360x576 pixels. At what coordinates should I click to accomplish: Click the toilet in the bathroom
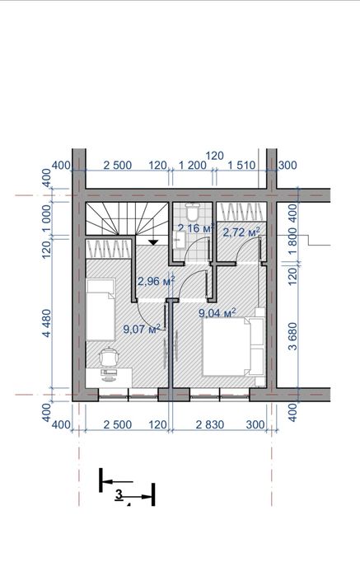click(x=192, y=211)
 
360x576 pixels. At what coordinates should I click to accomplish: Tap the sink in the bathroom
click(x=179, y=240)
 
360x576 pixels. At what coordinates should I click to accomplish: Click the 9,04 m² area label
click(x=217, y=312)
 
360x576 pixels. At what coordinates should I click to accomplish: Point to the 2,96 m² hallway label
click(x=156, y=281)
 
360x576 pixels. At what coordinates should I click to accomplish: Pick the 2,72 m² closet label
click(x=241, y=232)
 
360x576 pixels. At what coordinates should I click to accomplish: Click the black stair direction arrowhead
click(x=153, y=241)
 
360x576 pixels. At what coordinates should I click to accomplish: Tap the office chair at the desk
click(x=109, y=357)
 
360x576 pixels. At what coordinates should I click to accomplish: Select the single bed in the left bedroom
click(x=101, y=310)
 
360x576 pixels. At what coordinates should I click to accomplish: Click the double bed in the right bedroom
click(x=234, y=347)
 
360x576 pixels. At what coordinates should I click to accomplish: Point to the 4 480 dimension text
click(x=47, y=323)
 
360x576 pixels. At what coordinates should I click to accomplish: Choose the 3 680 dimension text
click(x=292, y=336)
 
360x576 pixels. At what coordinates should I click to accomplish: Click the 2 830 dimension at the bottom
click(x=210, y=424)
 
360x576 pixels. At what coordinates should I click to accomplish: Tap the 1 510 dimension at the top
click(x=241, y=165)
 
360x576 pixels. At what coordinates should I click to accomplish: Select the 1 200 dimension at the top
click(x=193, y=165)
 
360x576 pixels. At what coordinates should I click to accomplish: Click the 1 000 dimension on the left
click(x=47, y=219)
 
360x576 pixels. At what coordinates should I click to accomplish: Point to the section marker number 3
click(x=119, y=494)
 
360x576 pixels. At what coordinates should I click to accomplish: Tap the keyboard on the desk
click(x=109, y=372)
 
